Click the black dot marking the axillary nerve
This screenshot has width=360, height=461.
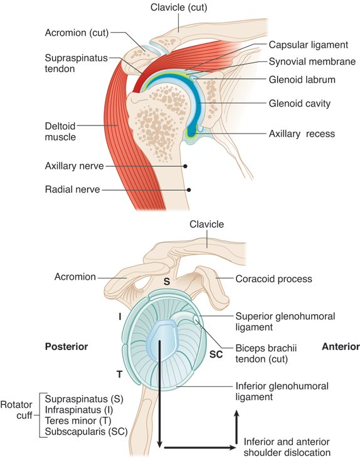coord(185,166)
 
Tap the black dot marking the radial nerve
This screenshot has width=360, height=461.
coord(189,190)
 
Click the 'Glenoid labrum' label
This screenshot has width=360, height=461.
coord(302,80)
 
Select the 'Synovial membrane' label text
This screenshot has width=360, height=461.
coord(312,61)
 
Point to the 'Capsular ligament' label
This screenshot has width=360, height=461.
coord(309,45)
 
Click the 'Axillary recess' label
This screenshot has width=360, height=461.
coord(302,134)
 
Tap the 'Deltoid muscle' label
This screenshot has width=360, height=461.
coord(60,132)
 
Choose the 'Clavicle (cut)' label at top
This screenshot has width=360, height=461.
coord(179,8)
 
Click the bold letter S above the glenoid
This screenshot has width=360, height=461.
coord(167,282)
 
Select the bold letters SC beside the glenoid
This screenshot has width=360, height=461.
coord(216,354)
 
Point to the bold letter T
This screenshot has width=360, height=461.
coord(119,374)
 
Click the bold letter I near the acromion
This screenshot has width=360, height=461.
coord(120,317)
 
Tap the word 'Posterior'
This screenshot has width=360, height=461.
coord(66,347)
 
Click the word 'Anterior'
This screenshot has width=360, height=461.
coord(341,347)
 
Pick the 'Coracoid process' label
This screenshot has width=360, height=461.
coord(273,278)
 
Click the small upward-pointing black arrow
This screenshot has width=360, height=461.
coord(236,427)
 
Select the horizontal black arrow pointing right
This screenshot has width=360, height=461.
coord(200,448)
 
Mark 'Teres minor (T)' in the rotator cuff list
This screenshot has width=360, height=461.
coord(78,421)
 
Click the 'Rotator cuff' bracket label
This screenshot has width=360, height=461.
coord(16,410)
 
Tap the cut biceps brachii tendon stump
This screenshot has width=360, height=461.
coord(196,320)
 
